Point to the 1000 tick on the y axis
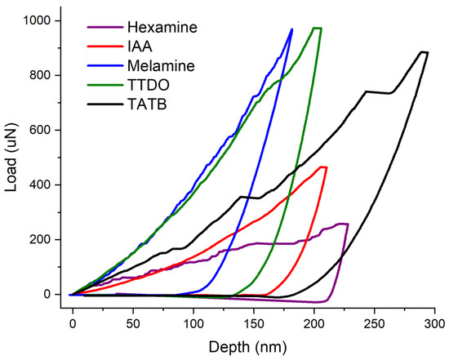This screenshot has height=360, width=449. [41, 20]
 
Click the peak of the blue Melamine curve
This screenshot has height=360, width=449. [291, 29]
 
